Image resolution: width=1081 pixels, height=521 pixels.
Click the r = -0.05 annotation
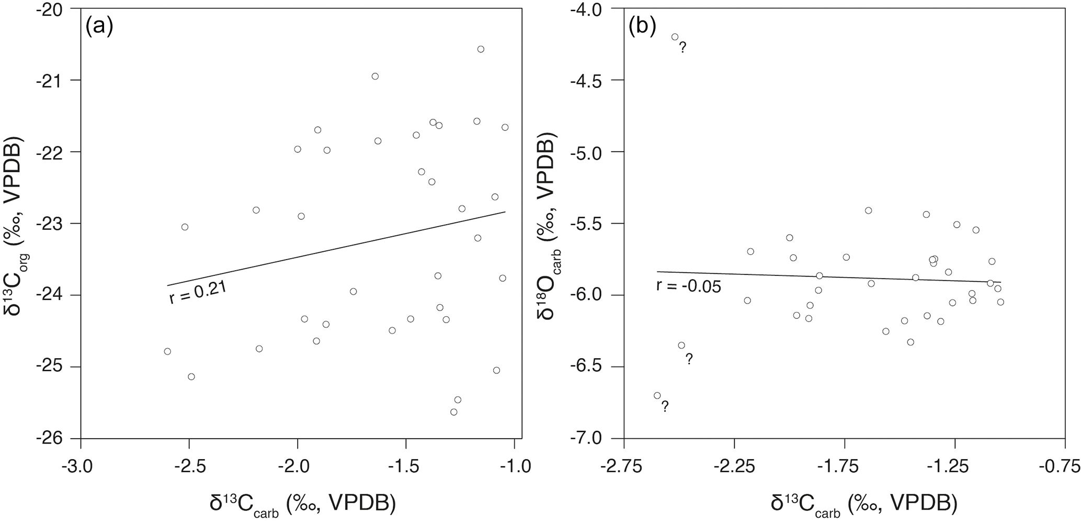coord(689,286)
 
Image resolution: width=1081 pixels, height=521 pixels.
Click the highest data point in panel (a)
coord(481,49)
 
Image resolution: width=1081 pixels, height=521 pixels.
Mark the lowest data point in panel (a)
coord(453,412)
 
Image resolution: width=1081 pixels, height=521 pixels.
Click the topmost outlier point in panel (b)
coord(675,37)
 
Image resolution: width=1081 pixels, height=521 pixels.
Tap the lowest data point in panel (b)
coord(657,395)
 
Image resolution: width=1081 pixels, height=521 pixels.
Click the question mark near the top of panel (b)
coord(682,48)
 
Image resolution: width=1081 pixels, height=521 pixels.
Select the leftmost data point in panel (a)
coord(167,351)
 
